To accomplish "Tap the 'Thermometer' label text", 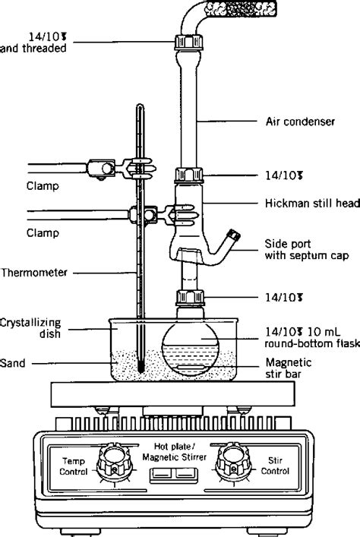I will pyautogui.click(x=30, y=271).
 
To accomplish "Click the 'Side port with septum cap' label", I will pyautogui.click(x=306, y=250).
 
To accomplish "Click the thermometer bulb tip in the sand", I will pyautogui.click(x=142, y=369).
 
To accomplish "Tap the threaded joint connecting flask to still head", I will pyautogui.click(x=188, y=297).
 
